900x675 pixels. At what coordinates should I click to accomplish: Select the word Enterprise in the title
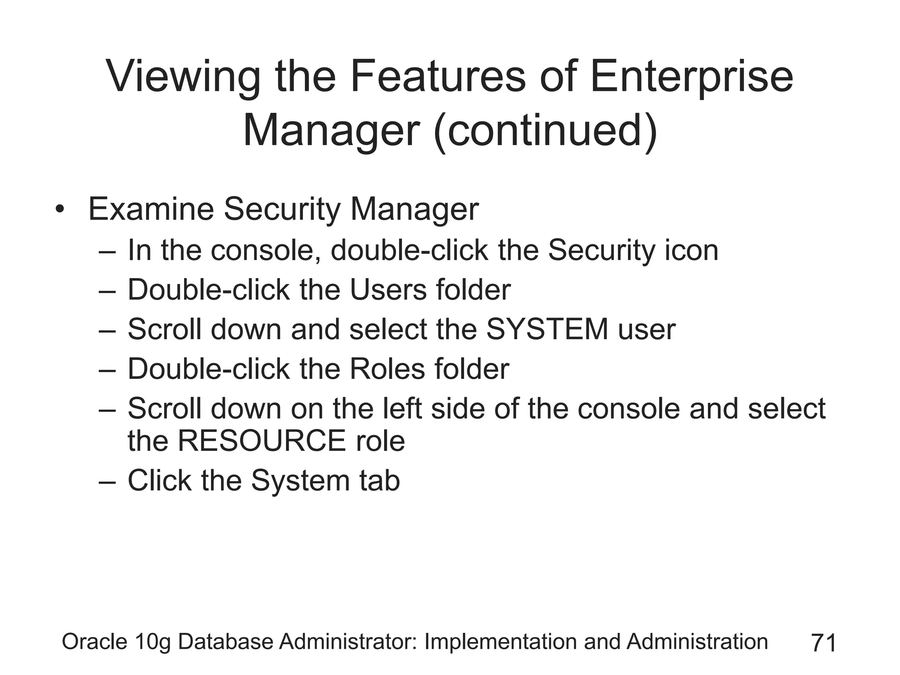click(x=691, y=77)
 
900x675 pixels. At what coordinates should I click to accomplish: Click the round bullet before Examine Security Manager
click(x=60, y=210)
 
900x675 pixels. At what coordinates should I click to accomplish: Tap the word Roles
click(x=387, y=369)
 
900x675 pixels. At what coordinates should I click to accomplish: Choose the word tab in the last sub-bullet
click(x=380, y=480)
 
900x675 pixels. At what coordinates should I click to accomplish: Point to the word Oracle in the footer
click(x=94, y=642)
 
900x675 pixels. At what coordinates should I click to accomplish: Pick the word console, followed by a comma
click(x=265, y=250)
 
